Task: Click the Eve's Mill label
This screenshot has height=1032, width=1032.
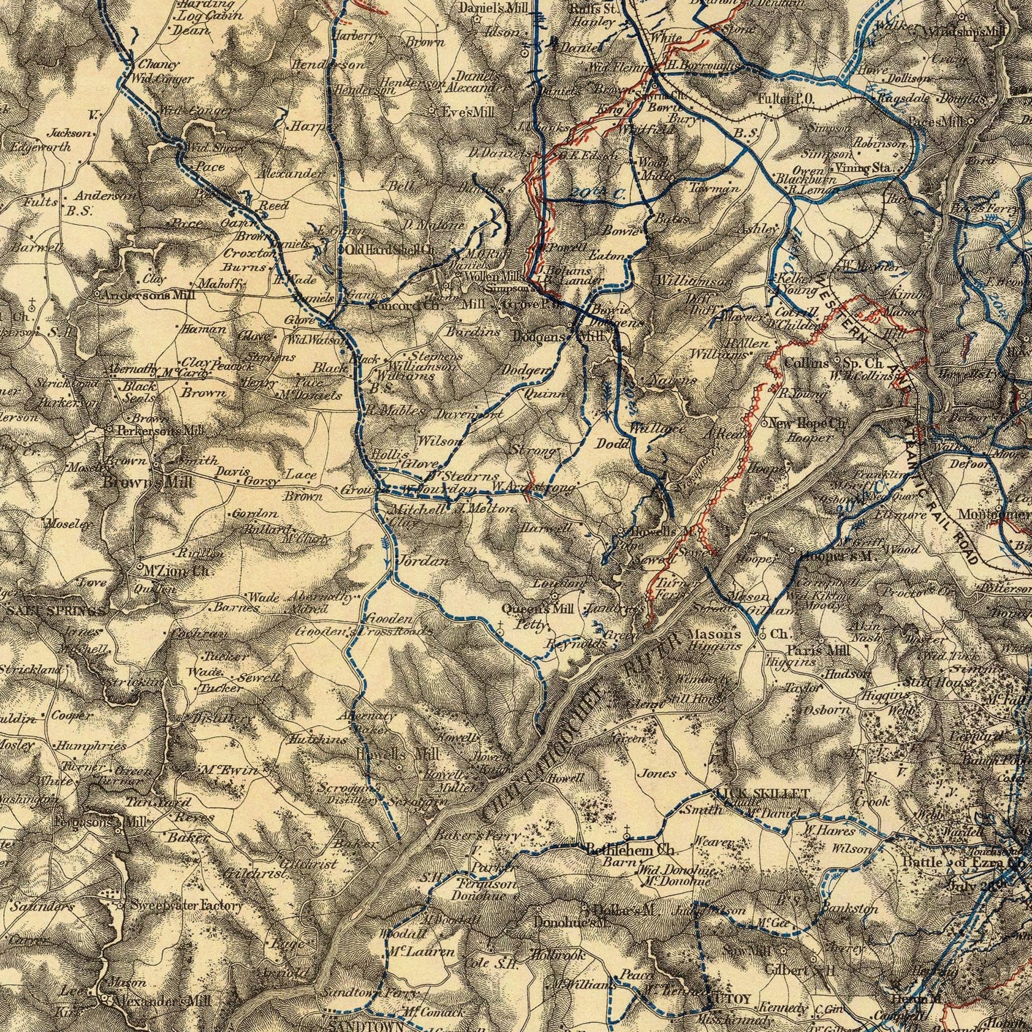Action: pos(467,112)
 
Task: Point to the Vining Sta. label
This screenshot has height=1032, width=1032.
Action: pos(865,168)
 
